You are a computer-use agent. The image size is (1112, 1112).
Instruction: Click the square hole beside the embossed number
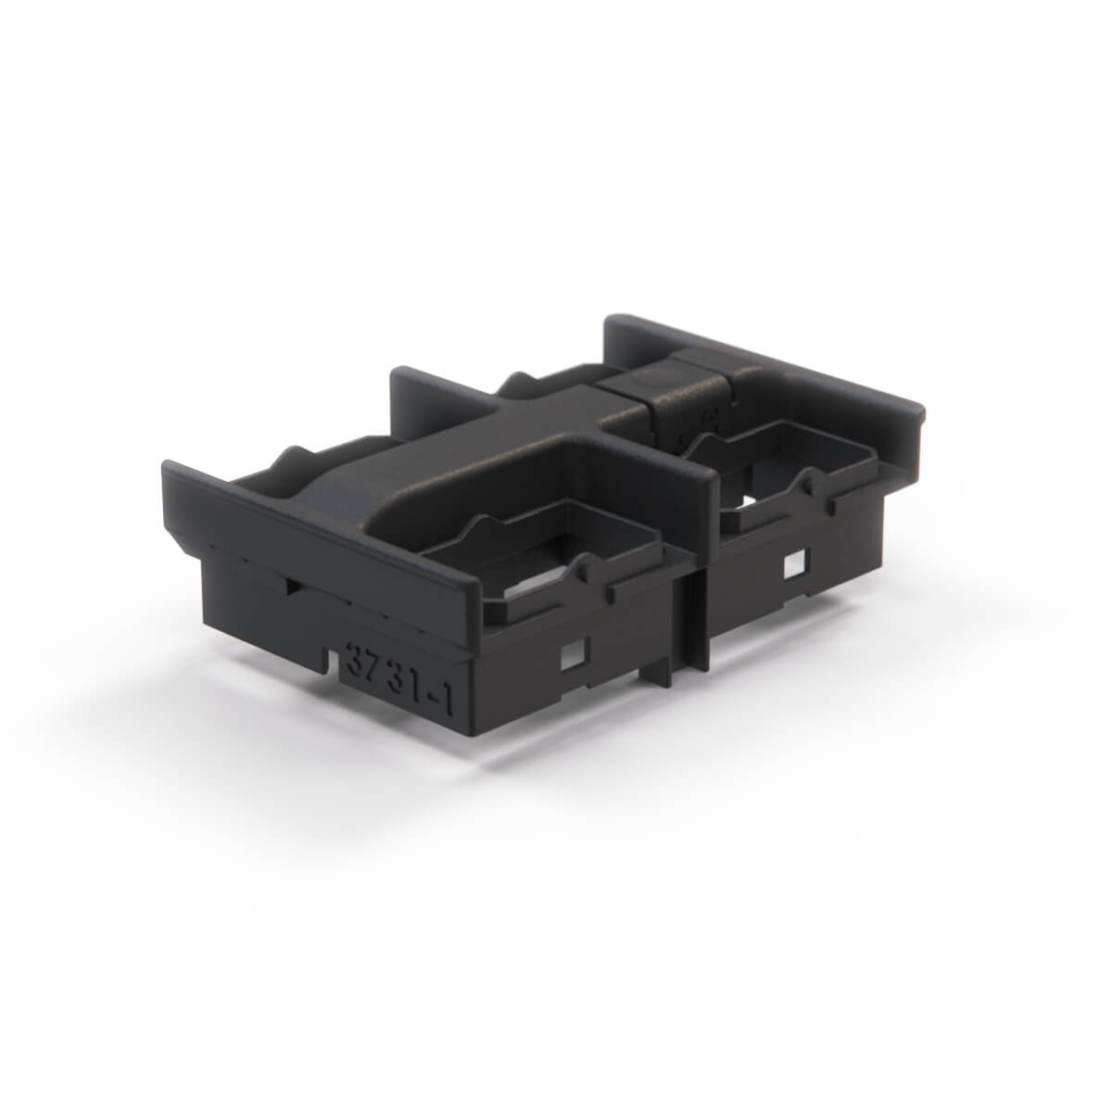click(x=573, y=657)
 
